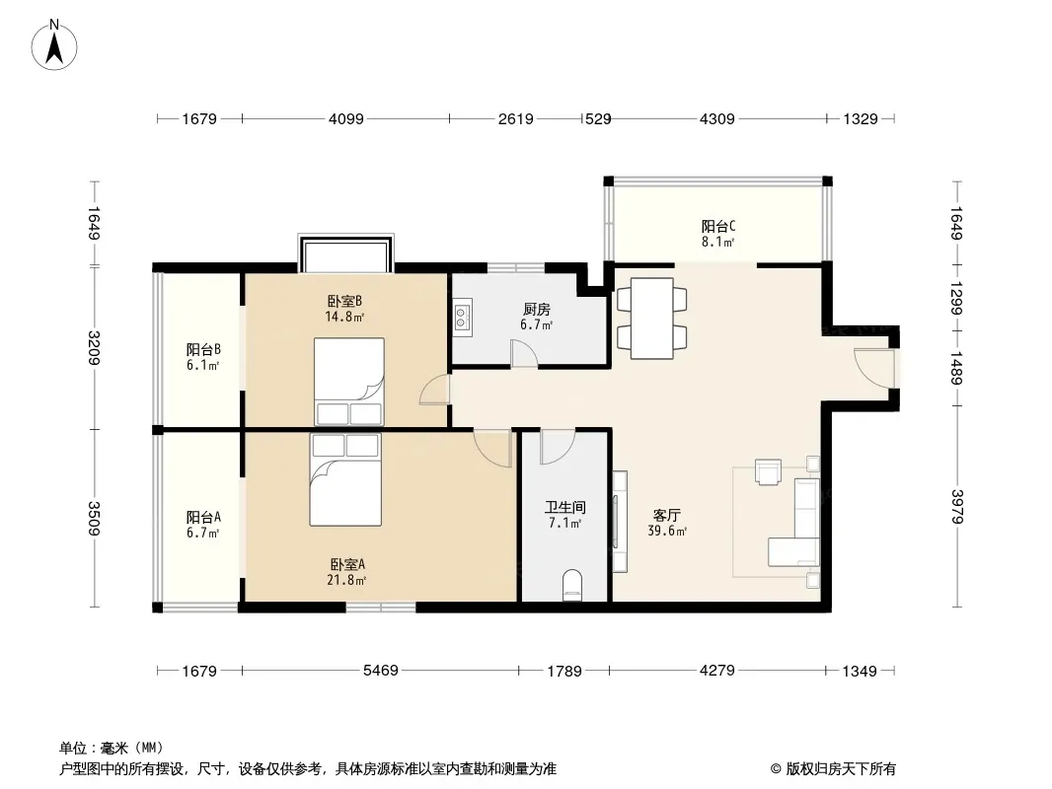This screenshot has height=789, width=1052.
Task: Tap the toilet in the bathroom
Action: coord(571,585)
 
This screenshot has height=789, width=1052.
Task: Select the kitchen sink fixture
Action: coord(462,317)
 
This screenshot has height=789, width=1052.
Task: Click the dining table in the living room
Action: coord(652,318)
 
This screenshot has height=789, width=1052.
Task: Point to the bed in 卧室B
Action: coord(349,382)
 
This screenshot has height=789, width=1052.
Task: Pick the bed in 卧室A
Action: coord(345,479)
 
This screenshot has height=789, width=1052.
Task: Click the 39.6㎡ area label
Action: coord(667,531)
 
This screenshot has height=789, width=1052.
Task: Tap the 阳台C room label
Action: coord(717,226)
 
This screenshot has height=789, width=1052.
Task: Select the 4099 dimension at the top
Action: coord(346,118)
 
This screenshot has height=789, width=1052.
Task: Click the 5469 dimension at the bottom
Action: coord(380,671)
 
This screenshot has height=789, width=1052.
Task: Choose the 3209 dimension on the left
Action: coord(94,348)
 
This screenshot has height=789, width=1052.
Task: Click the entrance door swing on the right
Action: coord(874,367)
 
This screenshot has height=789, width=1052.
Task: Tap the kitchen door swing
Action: coord(524,353)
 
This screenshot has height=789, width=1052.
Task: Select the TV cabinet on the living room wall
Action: coord(619,522)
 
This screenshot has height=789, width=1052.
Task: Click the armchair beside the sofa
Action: coord(768,470)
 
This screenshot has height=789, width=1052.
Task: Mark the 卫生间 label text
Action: coord(564,507)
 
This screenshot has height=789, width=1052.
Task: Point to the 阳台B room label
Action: coord(203,349)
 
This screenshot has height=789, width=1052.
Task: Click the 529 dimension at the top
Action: coord(598,118)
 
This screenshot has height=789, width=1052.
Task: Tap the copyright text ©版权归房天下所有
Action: coord(833,769)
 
